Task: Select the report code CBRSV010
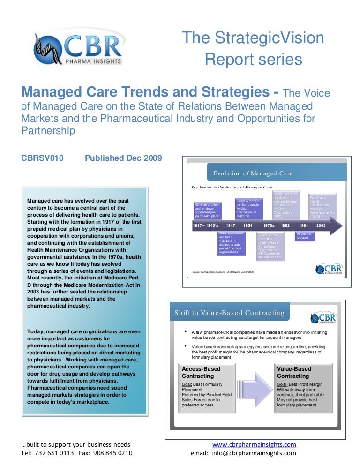pos(42,158)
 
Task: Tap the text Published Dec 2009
pos(123,158)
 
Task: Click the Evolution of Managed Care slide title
pos(253,173)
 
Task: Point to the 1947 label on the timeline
pos(230,225)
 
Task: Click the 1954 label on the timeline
pos(248,225)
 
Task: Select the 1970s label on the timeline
pos(269,225)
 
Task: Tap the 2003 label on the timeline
pos(321,225)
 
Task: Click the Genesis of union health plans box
pos(207,210)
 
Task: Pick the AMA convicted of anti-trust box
pos(232,243)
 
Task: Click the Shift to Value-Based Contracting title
pos(229,313)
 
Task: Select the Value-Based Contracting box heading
pos(294,372)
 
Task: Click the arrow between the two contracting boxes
pos(255,388)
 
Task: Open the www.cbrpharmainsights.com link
pos(254,444)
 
